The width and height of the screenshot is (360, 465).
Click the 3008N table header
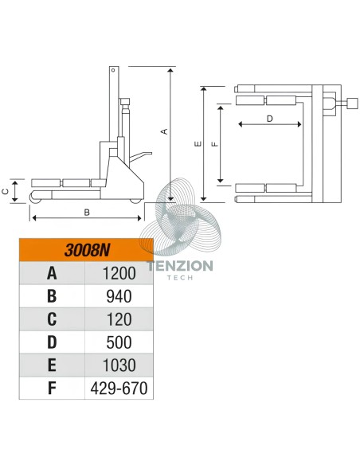pos(87,250)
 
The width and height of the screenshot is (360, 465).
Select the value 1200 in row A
pos(119,273)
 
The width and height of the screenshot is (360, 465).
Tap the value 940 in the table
pos(119,296)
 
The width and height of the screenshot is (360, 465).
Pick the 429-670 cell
pos(119,389)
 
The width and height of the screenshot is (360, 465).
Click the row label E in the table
pos(52,365)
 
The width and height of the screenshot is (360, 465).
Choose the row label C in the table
pos(52,319)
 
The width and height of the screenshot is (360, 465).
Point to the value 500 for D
pos(119,342)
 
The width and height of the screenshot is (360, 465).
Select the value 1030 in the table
pos(119,365)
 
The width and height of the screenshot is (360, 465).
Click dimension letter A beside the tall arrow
pos(165,131)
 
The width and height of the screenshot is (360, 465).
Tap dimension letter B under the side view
pos(87,213)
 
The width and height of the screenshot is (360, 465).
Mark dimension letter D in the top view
pos(269,119)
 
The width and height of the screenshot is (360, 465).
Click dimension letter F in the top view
pos(215,144)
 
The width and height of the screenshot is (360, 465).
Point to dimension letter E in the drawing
pos(198,144)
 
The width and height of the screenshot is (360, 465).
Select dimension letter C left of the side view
pos(6,192)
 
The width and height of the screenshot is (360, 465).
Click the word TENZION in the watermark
pos(180,266)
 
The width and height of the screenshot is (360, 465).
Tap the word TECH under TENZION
pos(180,278)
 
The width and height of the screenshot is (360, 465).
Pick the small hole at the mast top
pos(113,70)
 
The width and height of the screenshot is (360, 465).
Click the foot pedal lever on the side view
pos(140,157)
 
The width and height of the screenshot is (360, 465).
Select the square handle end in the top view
pos(353,104)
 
